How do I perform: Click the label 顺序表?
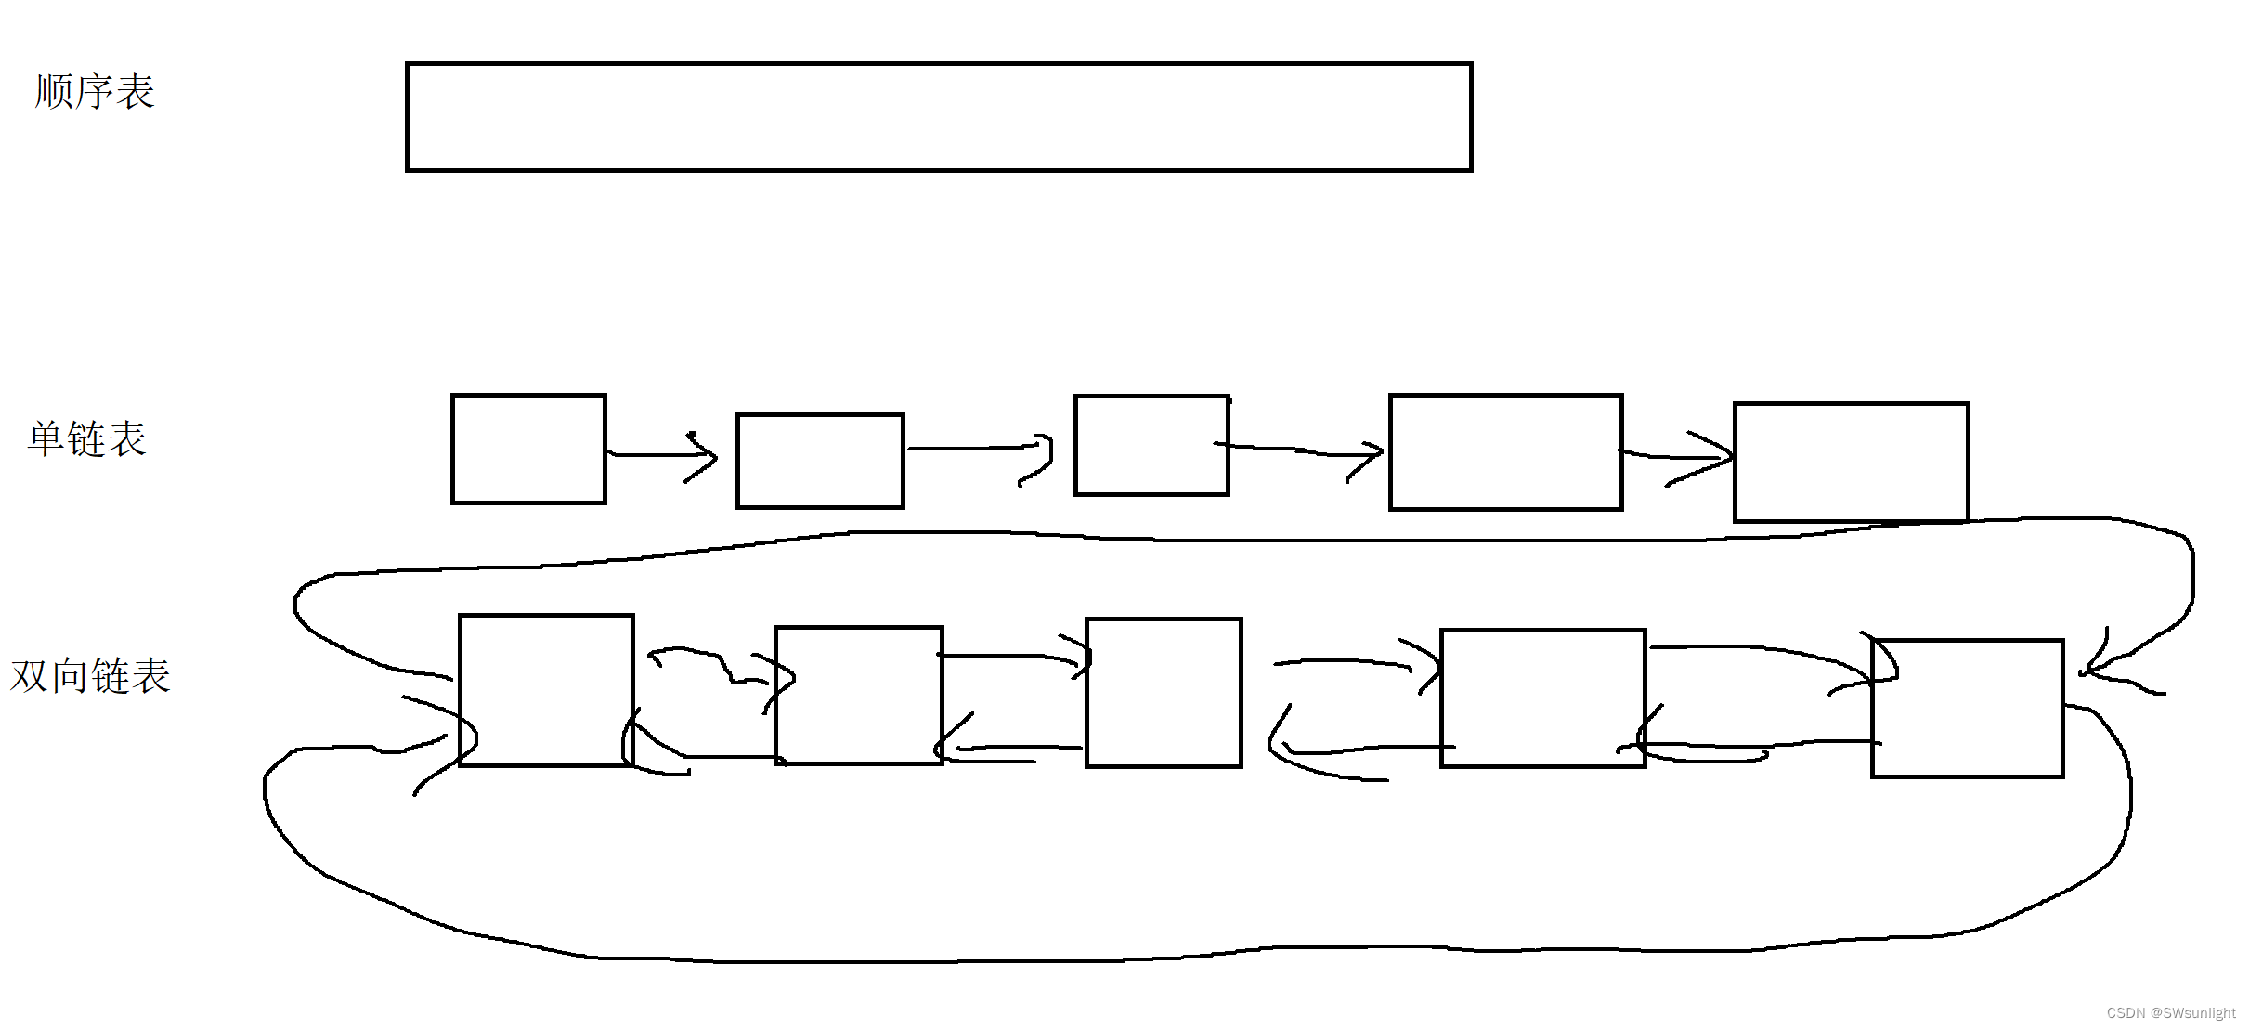pyautogui.click(x=94, y=92)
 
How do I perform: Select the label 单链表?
pyautogui.click(x=87, y=439)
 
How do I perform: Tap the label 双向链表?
pyautogui.click(x=90, y=676)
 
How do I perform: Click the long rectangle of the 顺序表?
pyautogui.click(x=939, y=117)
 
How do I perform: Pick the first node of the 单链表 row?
pyautogui.click(x=528, y=449)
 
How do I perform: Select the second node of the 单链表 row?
pyautogui.click(x=820, y=461)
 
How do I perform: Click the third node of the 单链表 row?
pyautogui.click(x=1151, y=445)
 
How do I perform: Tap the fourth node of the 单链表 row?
pyautogui.click(x=1505, y=451)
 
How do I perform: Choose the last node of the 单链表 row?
pyautogui.click(x=1851, y=462)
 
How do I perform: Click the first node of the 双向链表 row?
pyautogui.click(x=546, y=690)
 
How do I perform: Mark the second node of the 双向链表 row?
pyautogui.click(x=858, y=696)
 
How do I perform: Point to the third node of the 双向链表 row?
pyautogui.click(x=1164, y=693)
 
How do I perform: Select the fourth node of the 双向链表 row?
pyautogui.click(x=1542, y=698)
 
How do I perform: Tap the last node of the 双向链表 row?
pyautogui.click(x=1967, y=708)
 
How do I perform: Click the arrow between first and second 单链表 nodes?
pyautogui.click(x=661, y=454)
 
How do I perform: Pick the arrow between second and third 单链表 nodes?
pyautogui.click(x=980, y=449)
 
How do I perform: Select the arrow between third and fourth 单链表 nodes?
pyautogui.click(x=1300, y=450)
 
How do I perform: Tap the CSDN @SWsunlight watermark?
pyautogui.click(x=2170, y=1013)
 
